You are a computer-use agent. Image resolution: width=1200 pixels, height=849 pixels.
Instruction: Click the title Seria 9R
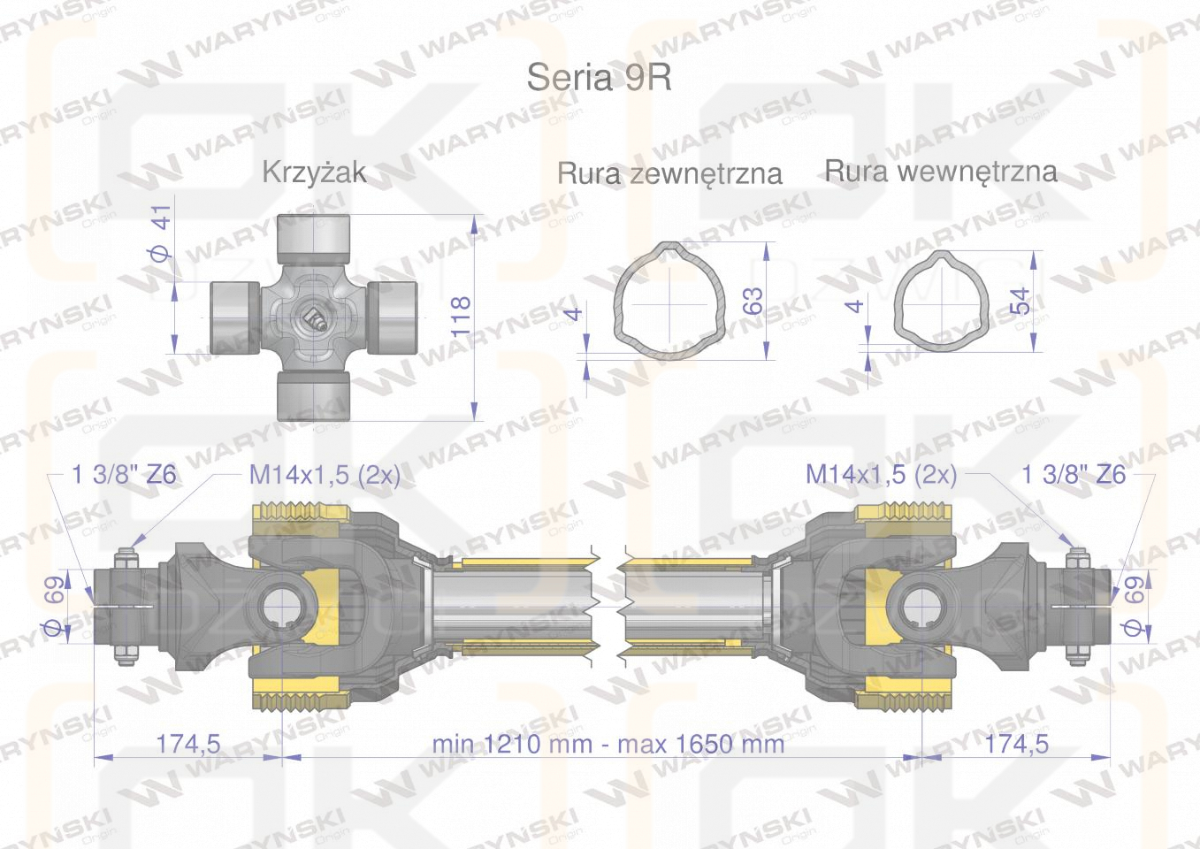pos(599,78)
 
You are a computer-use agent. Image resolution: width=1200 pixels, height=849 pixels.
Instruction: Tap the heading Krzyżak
pos(315,172)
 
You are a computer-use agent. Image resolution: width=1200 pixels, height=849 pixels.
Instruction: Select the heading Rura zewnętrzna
pos(669,173)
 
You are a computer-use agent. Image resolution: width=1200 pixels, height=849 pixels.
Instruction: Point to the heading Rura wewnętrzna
pos(941,172)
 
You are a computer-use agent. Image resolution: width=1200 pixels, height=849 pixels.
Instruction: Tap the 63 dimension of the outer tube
pos(753,301)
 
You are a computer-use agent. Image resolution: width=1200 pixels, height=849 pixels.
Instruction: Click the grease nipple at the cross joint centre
pos(313,320)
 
